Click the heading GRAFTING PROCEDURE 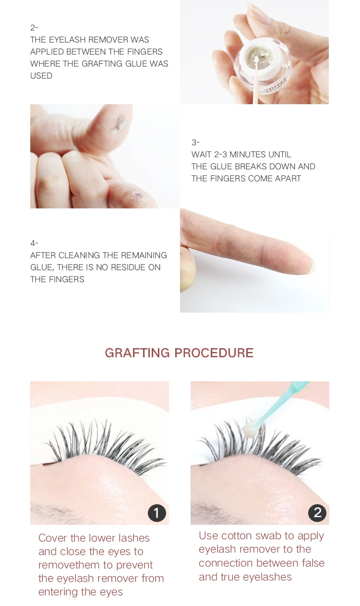[179, 353]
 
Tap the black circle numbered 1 [157, 513]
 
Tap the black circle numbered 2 [317, 513]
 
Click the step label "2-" [35, 27]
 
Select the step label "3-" [195, 142]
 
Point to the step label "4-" [35, 243]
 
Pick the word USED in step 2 [41, 76]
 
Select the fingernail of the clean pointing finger [312, 265]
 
